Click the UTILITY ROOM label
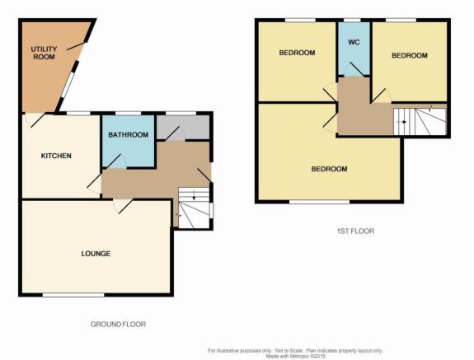pos(44,53)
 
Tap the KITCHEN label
pos(56,156)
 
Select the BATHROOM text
pos(128,135)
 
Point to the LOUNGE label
pos(96,254)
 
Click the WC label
pos(354,42)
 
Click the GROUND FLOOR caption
pos(118,325)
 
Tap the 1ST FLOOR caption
pos(355,231)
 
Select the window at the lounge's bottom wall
pos(73,295)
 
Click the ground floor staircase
pos(194,208)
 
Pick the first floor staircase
pos(420,122)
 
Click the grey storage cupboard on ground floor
pos(182,128)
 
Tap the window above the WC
pos(353,21)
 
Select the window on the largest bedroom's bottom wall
pos(320,202)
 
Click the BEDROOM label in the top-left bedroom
pos(297,53)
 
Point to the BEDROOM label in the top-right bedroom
pos(410,55)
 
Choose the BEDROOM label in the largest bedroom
pos(329,169)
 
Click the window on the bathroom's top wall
pos(128,114)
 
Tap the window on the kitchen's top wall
pos(78,114)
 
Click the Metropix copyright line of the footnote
pos(295,357)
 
